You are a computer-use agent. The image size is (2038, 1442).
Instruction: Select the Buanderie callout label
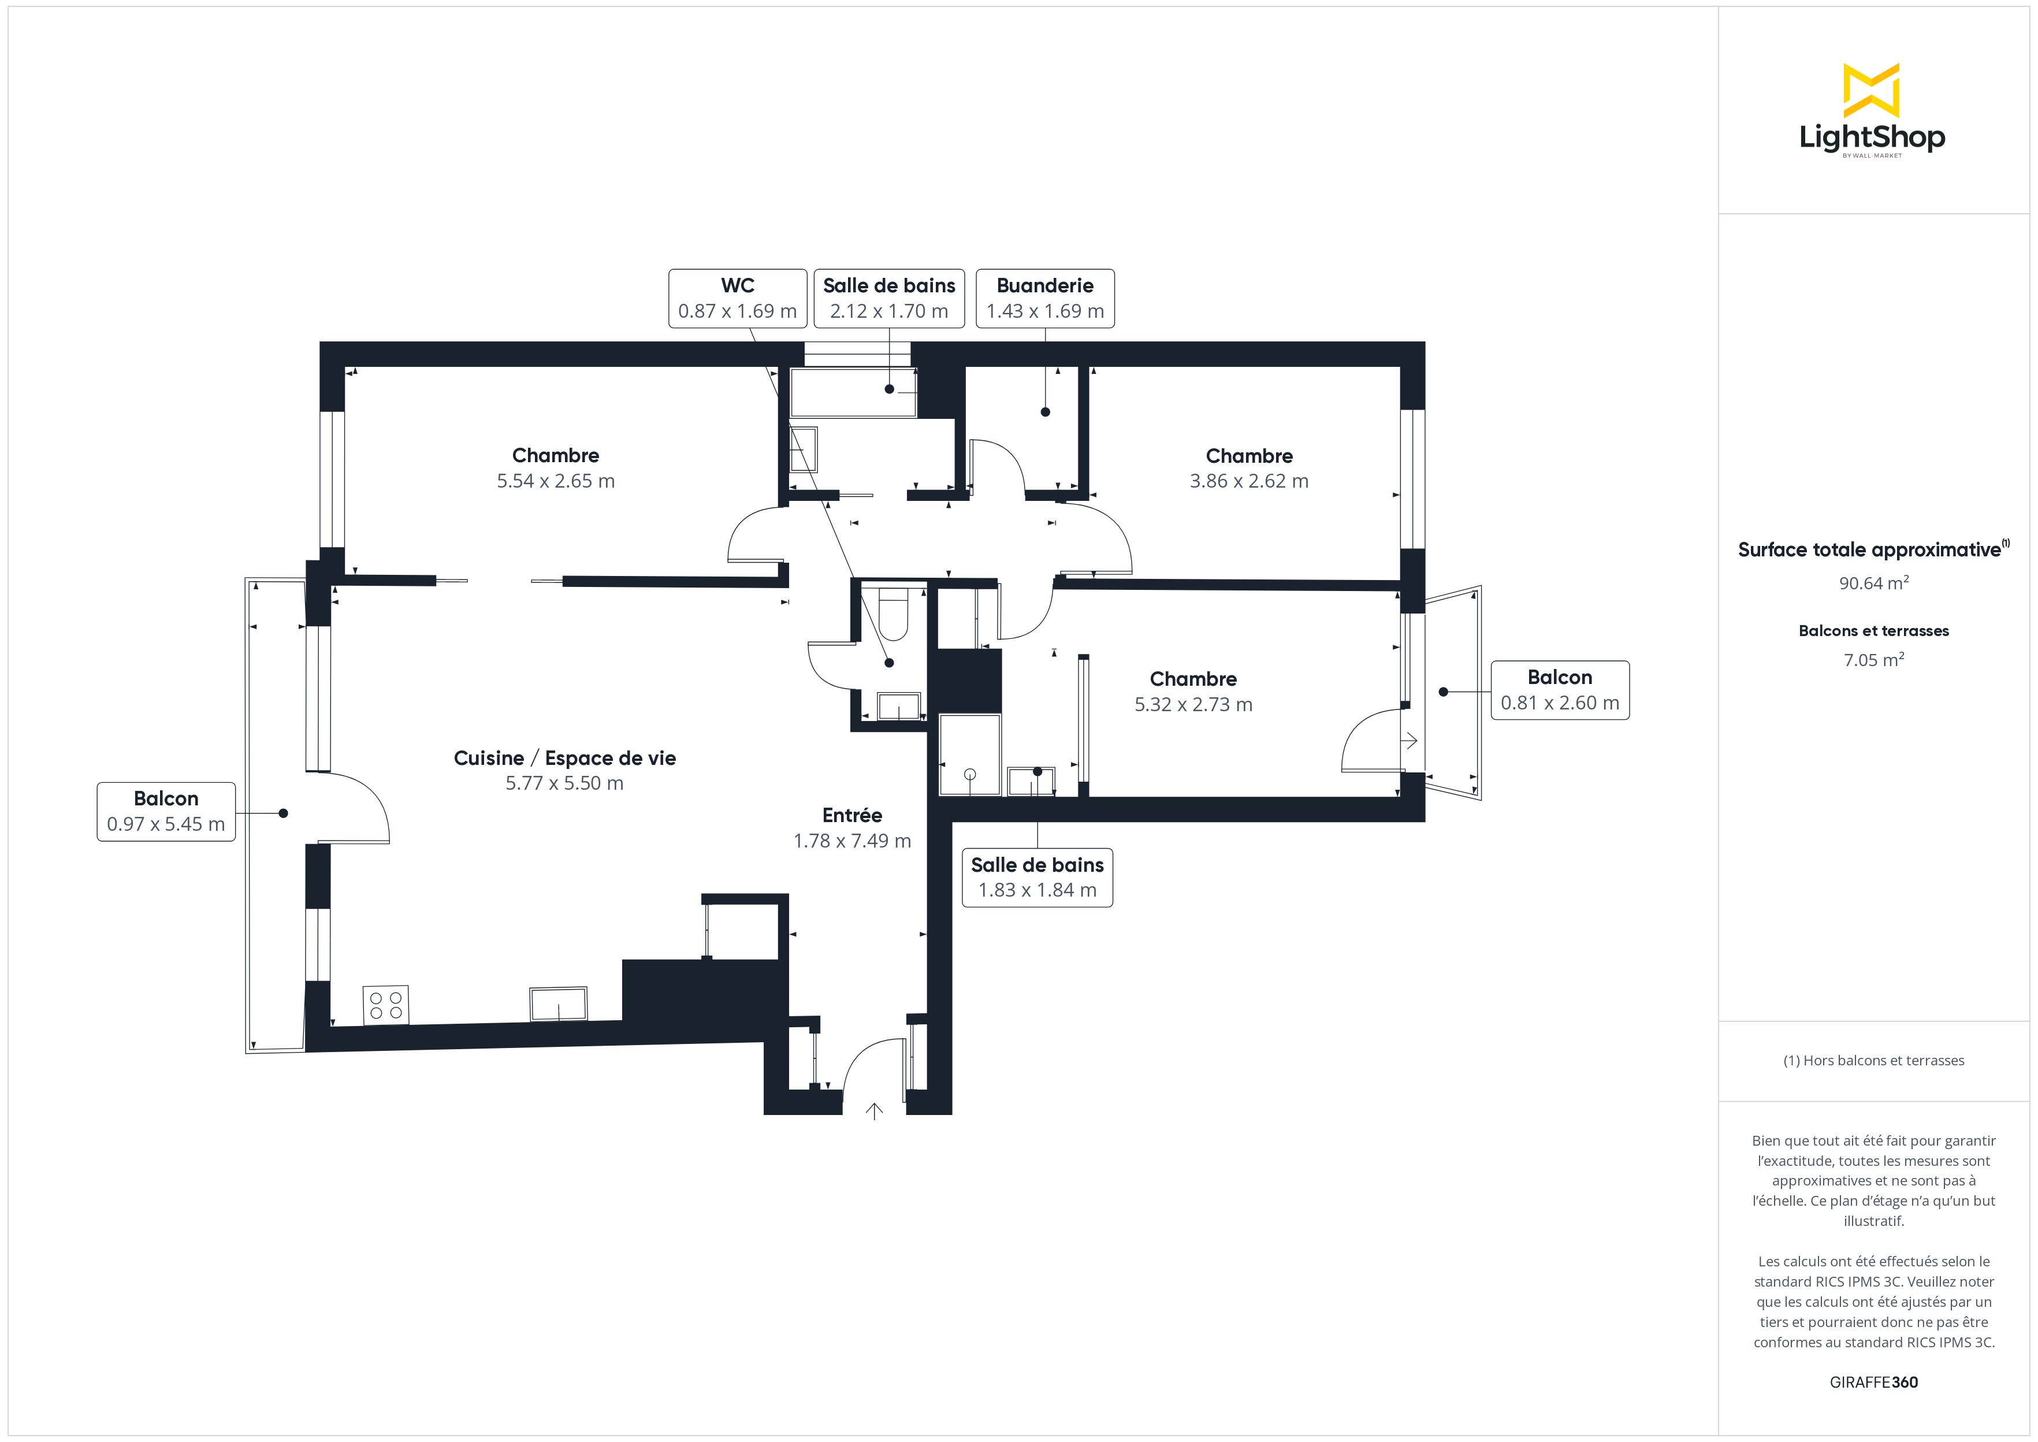point(1045,298)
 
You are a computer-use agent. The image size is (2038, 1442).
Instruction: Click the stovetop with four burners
point(385,1005)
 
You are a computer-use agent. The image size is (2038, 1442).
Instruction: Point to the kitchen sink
point(559,1004)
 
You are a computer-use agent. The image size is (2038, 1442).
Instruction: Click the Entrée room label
point(852,815)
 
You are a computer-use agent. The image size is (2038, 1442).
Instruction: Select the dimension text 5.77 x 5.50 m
point(564,783)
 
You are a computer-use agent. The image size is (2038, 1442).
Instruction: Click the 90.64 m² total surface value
point(1873,584)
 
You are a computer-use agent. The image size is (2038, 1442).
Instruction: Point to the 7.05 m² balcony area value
point(1873,660)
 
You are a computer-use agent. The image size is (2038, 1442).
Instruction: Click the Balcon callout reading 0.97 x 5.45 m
point(166,812)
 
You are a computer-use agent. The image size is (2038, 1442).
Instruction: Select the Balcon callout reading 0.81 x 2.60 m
point(1560,690)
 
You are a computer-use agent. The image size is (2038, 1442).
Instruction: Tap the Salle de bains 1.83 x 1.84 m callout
point(1037,878)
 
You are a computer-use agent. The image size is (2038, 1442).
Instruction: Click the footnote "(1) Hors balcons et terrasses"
point(1873,1060)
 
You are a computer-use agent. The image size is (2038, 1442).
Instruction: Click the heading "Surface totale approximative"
point(1869,549)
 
